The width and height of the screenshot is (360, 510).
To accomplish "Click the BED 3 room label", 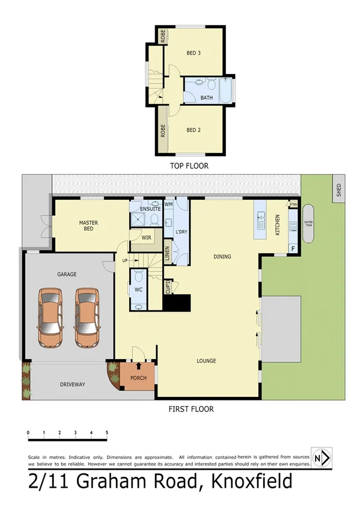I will click(x=193, y=53).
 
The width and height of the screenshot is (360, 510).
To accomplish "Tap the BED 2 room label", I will click(x=193, y=130).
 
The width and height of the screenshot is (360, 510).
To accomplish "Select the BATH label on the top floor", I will click(x=206, y=97).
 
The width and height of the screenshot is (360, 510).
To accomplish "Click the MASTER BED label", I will click(x=88, y=226).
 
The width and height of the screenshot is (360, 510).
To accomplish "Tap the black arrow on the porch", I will click(x=139, y=364).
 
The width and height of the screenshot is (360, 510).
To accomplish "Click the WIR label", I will click(x=146, y=238).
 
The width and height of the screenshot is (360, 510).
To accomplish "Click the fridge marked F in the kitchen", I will click(x=293, y=248).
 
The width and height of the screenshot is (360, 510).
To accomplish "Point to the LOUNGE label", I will click(x=206, y=361).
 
